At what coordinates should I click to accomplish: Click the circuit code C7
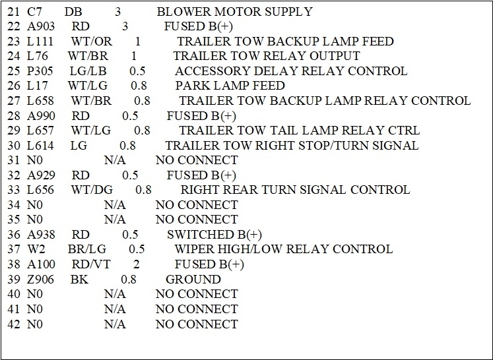35,12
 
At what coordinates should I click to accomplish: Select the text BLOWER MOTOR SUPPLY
235,12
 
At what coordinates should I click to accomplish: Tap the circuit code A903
41,26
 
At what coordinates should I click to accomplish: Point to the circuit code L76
38,56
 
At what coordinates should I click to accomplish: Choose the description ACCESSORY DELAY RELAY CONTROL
291,71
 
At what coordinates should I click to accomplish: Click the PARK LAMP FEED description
230,86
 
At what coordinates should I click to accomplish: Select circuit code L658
41,101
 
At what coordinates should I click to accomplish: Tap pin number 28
13,115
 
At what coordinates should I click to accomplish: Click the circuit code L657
41,131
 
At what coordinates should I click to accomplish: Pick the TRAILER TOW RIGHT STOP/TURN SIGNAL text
292,145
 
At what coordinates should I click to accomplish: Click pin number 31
13,160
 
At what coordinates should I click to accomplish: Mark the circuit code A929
41,175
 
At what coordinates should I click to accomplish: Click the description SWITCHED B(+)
214,234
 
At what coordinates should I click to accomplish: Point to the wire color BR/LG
86,249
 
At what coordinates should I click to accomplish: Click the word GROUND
193,279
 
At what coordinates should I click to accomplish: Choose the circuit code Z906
41,279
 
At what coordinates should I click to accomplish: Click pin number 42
13,324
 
